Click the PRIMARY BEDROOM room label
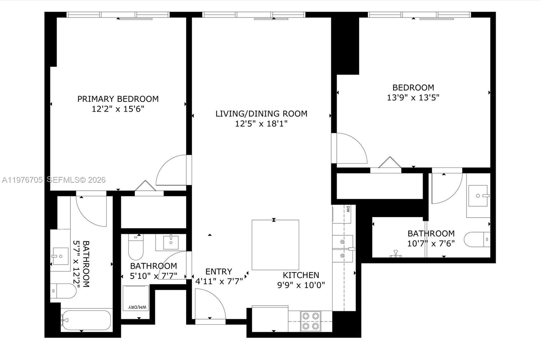click(118, 99)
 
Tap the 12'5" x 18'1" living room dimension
click(261, 124)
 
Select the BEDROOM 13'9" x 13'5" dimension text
click(413, 98)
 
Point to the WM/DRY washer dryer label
click(138, 307)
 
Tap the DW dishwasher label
click(348, 209)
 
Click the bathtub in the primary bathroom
click(86, 319)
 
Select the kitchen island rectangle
click(275, 245)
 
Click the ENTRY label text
click(219, 272)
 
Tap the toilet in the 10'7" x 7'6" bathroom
click(477, 239)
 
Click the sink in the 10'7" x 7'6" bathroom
click(478, 196)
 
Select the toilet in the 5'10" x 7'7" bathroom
click(136, 247)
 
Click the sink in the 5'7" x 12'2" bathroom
click(60, 256)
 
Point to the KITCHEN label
click(301, 275)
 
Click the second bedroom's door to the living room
click(349, 149)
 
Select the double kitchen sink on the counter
click(342, 249)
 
